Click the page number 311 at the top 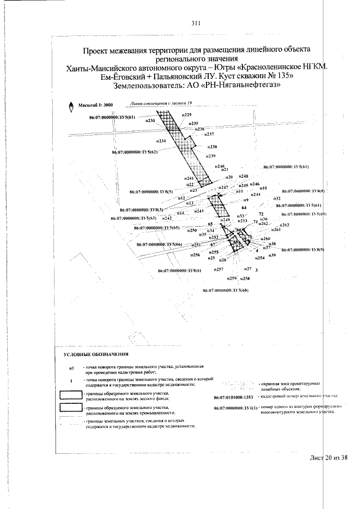coord(196,23)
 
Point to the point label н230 coord(150,120)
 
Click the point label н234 coord(161,141)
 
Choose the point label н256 coord(196,255)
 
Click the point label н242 coord(167,218)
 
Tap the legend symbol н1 coord(71,367)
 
